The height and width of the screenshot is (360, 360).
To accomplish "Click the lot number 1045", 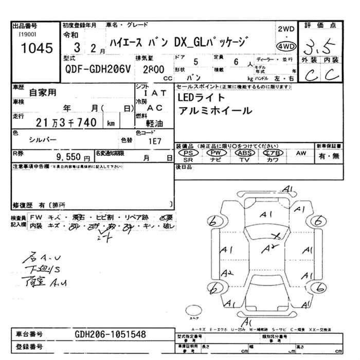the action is pos(32,49).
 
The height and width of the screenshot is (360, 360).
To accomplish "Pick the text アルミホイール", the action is pos(215,111).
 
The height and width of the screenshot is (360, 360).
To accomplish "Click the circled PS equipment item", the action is pos(188,153).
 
